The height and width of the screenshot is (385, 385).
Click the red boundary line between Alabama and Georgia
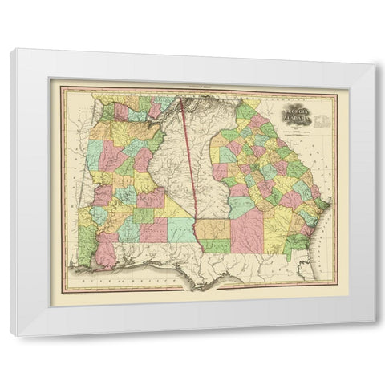point(185,160)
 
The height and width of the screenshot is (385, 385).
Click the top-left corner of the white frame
point(11,51)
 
